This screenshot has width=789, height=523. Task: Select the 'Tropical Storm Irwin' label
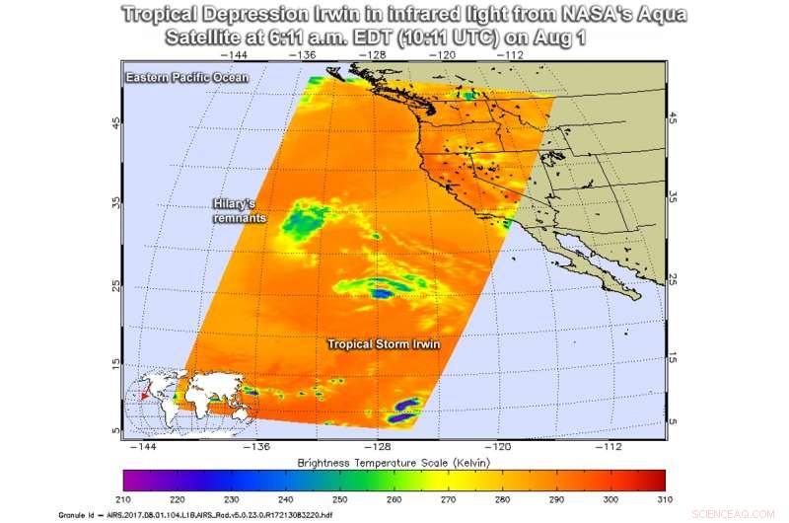coord(384,343)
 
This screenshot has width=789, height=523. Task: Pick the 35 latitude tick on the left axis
coord(114,204)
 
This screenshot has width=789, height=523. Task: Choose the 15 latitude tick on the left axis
coord(114,363)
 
